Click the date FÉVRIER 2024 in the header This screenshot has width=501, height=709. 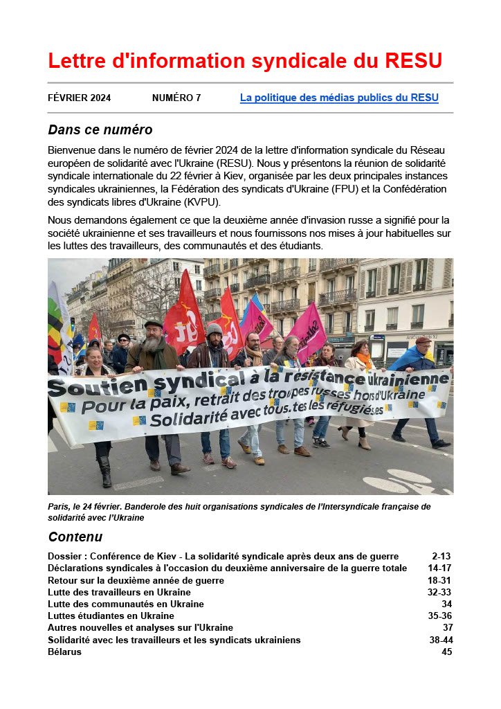point(79,98)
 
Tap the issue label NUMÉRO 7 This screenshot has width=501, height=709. point(176,98)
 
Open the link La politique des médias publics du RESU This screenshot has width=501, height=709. point(339,98)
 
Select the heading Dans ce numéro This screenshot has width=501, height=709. point(100,129)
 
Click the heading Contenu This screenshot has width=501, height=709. point(75,537)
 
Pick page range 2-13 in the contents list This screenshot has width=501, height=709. point(441,556)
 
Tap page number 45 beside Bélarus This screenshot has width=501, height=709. point(446,652)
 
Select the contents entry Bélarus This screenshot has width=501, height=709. point(64,652)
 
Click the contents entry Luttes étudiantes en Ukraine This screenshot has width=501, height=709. point(111,616)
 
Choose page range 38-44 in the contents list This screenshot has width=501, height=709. point(441,640)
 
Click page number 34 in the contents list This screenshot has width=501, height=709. point(446,604)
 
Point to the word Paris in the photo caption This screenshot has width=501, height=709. point(59,507)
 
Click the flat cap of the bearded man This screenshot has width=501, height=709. point(154,324)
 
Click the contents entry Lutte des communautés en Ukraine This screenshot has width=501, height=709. point(126,604)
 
